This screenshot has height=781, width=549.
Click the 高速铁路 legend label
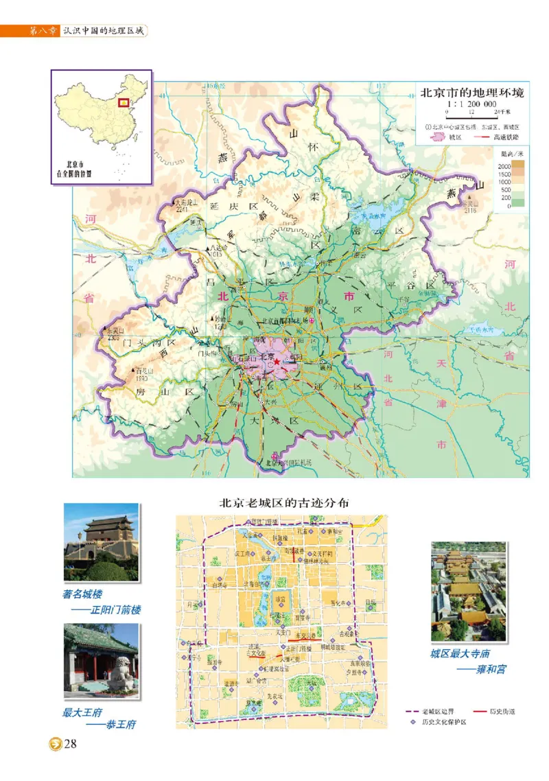498,137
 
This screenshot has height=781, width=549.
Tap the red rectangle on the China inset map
124,103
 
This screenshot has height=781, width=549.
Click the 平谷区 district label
411,285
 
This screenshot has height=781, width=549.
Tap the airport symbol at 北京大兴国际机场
276,456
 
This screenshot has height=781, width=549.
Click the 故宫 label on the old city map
280,599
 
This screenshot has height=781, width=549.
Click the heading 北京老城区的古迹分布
283,502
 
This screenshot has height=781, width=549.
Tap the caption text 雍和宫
491,669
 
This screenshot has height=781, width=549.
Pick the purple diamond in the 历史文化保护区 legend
412,723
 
